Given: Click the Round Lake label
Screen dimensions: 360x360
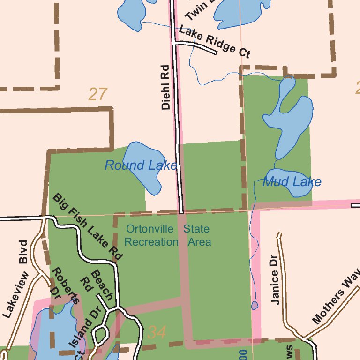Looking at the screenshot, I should (x=141, y=165).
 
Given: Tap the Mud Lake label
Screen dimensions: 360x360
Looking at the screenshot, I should (x=292, y=182).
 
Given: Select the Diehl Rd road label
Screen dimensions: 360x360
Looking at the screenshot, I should (x=165, y=87).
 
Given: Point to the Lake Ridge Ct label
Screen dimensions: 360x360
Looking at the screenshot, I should (x=215, y=42).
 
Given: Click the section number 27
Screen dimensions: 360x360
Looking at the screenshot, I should (x=98, y=95).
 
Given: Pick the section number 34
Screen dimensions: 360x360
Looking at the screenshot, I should (x=157, y=332).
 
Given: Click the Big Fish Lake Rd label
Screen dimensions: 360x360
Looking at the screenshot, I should (x=88, y=226).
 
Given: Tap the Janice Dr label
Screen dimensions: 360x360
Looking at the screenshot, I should (x=275, y=280).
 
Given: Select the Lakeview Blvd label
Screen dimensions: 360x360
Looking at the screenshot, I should (x=16, y=279).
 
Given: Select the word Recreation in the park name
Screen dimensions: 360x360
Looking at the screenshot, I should (x=151, y=242).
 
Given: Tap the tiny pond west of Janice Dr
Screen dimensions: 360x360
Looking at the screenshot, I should (x=255, y=306).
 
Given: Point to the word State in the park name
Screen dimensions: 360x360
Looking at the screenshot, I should (x=196, y=229).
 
